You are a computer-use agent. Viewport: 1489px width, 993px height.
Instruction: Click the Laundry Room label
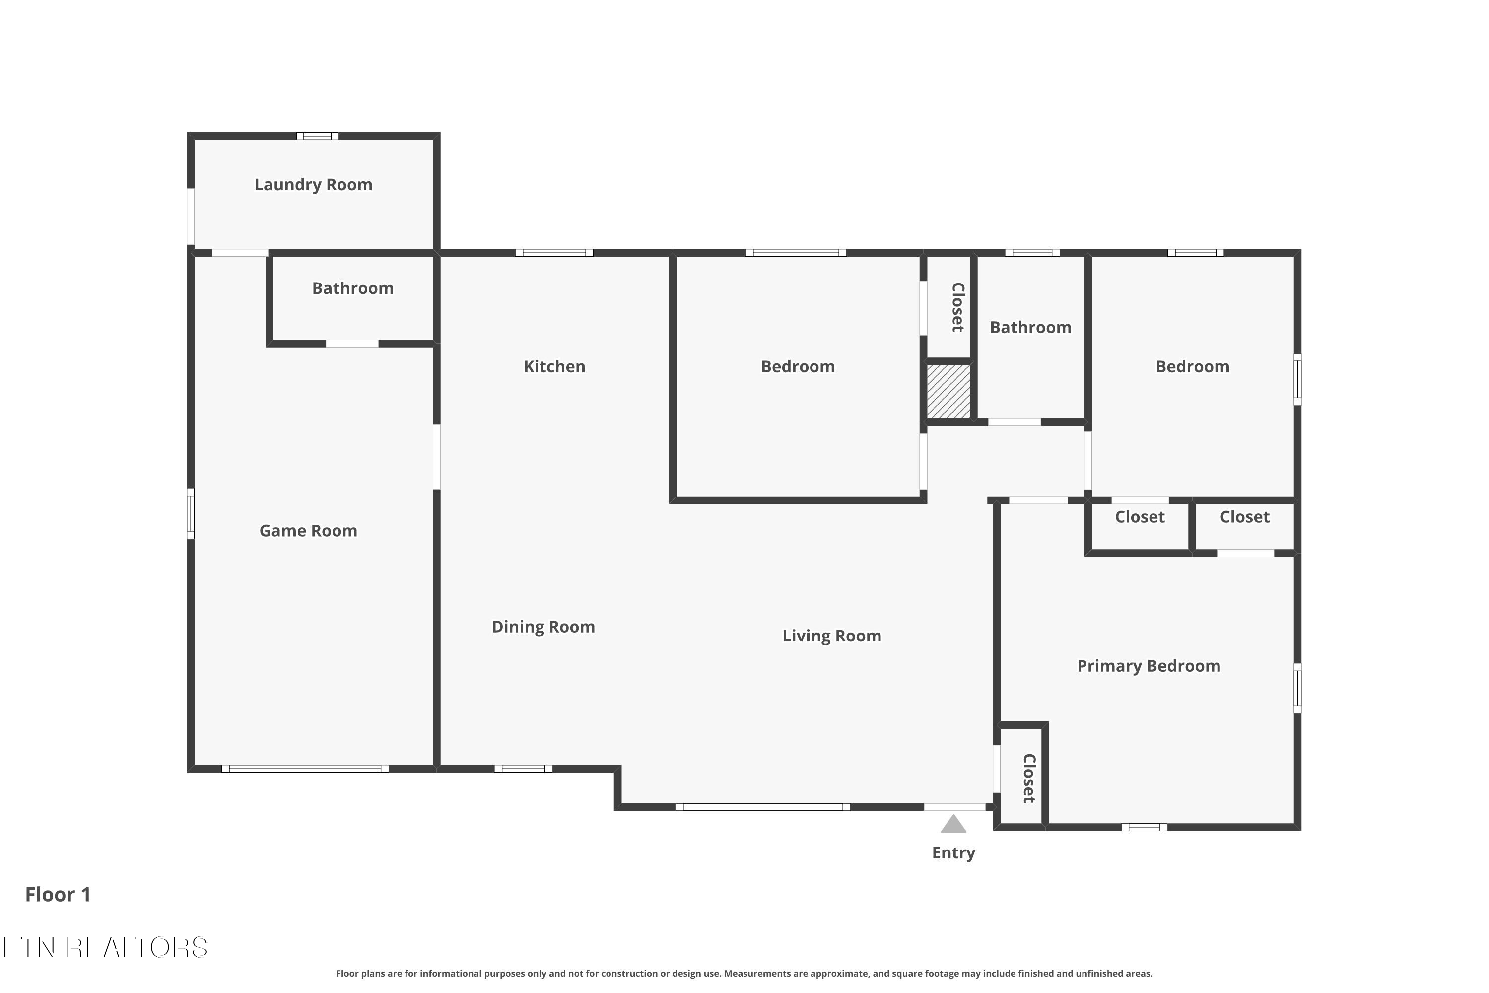[313, 185]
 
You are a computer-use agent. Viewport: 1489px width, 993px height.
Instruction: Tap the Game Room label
[308, 531]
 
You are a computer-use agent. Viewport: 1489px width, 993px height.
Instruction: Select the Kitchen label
[554, 367]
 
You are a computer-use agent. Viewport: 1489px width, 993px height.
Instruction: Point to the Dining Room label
[543, 627]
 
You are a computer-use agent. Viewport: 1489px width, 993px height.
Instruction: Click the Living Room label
[832, 636]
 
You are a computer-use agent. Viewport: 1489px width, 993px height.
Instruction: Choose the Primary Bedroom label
[1149, 666]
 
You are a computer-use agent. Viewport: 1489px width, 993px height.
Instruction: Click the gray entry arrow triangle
[953, 824]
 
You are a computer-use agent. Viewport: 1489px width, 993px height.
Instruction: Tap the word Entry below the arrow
[953, 853]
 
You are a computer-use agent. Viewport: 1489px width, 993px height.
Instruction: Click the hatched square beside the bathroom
[948, 391]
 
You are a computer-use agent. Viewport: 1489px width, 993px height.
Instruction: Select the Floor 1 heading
[58, 894]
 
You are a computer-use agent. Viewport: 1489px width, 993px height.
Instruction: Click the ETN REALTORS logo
[105, 947]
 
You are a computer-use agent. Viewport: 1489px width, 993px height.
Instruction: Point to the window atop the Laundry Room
[317, 136]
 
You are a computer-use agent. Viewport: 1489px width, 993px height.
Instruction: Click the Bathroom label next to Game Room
[352, 289]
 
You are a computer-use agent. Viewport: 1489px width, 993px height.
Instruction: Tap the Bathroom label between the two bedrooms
[1031, 327]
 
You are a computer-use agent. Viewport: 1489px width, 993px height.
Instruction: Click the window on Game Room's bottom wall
[305, 769]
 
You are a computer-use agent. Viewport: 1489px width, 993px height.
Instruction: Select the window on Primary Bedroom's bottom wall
[1144, 827]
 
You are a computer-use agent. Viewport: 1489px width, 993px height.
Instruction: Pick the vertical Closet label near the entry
[1029, 779]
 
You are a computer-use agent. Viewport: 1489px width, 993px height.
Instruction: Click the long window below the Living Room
[763, 807]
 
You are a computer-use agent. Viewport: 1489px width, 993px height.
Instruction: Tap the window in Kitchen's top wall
[554, 253]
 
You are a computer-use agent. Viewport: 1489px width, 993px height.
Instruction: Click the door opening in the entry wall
[954, 807]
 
